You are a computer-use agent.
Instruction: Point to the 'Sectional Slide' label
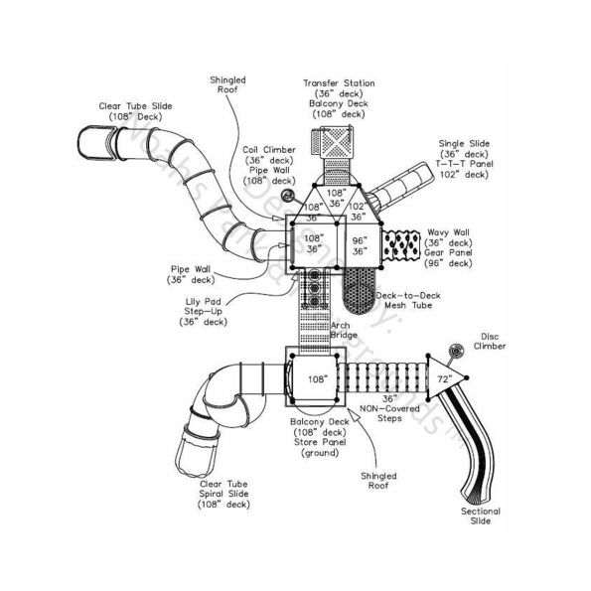(x=481, y=517)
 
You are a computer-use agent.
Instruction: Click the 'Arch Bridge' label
(x=344, y=330)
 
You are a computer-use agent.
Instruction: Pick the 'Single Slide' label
(x=463, y=144)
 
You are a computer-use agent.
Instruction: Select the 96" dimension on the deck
(x=360, y=240)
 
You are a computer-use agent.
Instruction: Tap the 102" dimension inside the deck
(x=359, y=207)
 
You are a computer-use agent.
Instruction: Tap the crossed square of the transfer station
(x=339, y=142)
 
